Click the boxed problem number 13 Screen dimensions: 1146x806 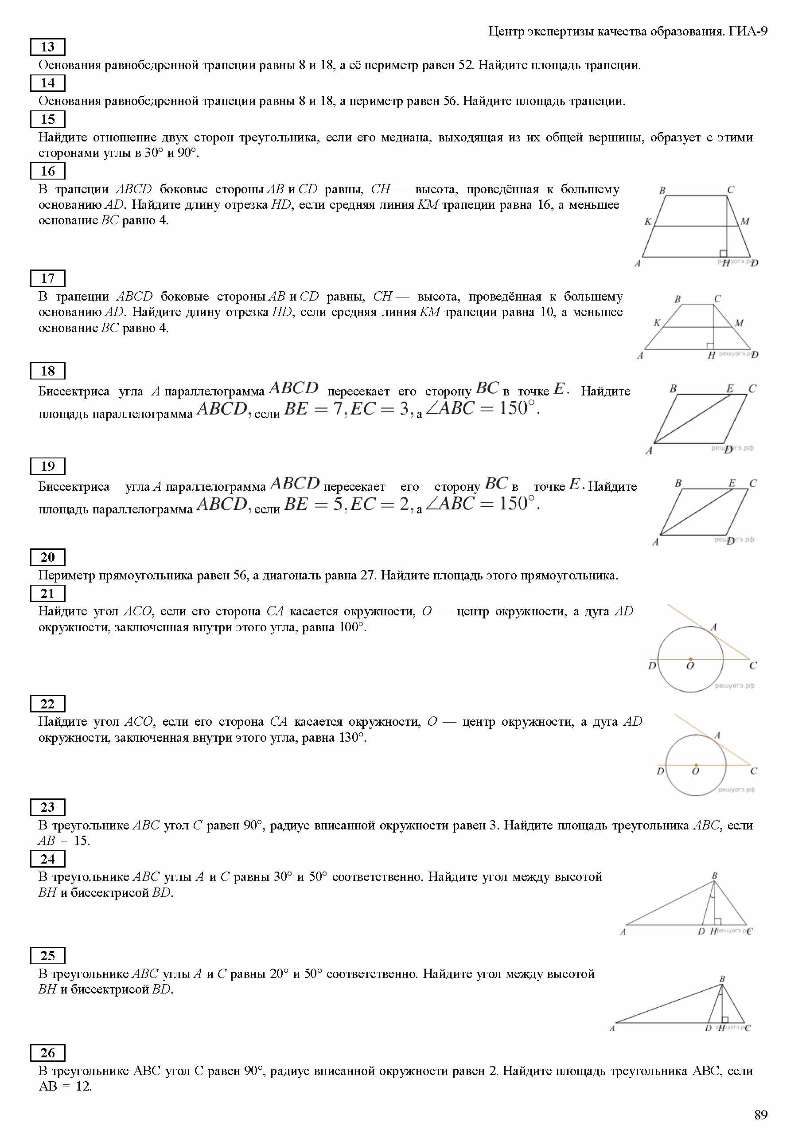coord(47,47)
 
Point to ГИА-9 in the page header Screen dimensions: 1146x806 coord(748,31)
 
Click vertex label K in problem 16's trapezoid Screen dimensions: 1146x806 coord(648,221)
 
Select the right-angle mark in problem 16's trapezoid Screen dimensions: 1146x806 coord(723,254)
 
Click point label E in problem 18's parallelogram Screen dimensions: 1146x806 coord(730,388)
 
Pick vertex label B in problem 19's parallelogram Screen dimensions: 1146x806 coord(678,483)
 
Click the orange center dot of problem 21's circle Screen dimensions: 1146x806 coord(691,659)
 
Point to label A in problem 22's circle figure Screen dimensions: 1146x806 coord(717,735)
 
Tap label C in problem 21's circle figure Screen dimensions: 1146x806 coord(753,665)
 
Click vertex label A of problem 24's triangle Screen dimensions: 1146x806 coord(623,931)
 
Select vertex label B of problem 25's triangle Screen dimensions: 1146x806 coord(722,979)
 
